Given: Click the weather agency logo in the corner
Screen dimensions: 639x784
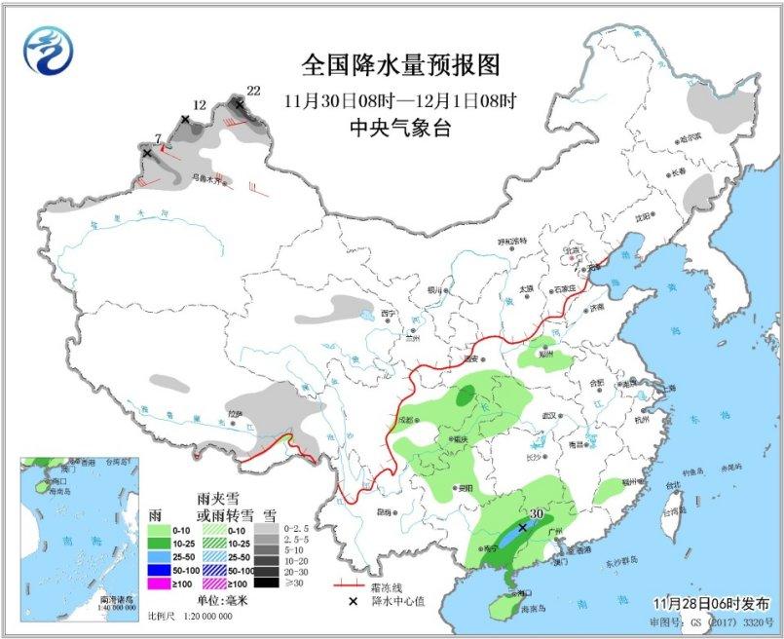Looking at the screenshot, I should (x=50, y=48).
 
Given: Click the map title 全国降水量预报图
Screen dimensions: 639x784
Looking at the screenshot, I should (x=400, y=65).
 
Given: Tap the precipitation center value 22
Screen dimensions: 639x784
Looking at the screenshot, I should (x=254, y=91).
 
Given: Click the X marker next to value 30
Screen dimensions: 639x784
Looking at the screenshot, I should (x=523, y=527).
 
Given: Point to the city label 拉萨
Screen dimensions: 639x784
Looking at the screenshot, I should (x=234, y=413).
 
